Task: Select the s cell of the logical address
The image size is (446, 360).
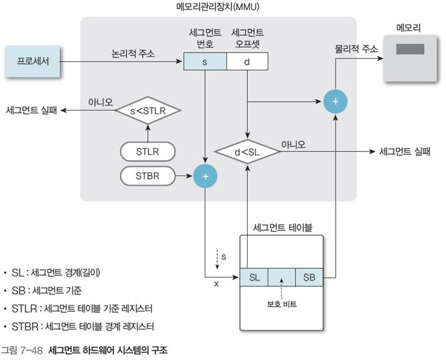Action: click(205, 62)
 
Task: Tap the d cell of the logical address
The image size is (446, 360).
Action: click(247, 62)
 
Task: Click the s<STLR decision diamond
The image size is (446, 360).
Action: click(147, 110)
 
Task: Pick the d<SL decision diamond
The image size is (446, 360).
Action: click(247, 150)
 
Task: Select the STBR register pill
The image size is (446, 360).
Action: click(147, 177)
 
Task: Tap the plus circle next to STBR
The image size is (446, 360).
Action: click(205, 177)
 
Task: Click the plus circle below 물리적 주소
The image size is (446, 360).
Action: click(336, 100)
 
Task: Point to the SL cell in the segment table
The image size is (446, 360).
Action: click(254, 276)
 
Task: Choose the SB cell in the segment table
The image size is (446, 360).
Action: click(309, 276)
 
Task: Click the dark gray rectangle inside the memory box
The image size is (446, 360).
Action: click(410, 49)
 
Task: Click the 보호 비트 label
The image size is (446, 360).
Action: click(282, 304)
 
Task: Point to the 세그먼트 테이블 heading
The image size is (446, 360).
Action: click(282, 226)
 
